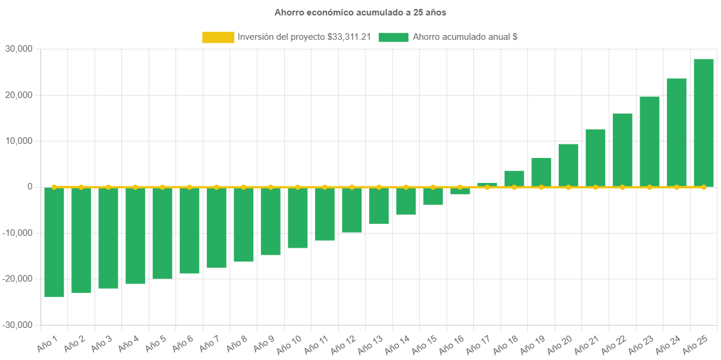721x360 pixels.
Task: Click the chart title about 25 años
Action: click(360, 12)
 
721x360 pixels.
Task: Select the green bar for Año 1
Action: click(54, 242)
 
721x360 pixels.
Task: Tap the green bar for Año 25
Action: click(704, 122)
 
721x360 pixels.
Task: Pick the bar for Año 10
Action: click(298, 217)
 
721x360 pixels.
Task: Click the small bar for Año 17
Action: click(487, 184)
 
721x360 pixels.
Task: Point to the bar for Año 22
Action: click(622, 150)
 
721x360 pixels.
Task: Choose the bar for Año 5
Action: click(162, 233)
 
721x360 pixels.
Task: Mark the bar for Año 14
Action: click(406, 201)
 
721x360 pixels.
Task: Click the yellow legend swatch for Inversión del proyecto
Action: click(218, 37)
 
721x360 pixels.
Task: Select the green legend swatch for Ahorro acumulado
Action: click(393, 37)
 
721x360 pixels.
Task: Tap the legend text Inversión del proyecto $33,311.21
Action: click(304, 37)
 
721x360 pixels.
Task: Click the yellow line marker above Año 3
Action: click(108, 187)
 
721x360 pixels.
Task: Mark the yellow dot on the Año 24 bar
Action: click(676, 187)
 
